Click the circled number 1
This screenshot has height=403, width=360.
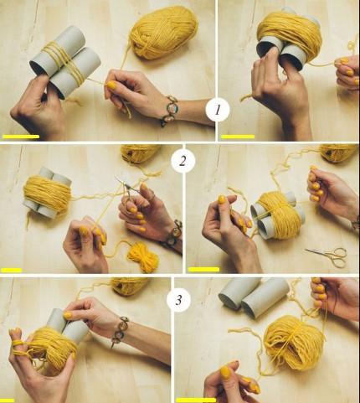click(218, 110)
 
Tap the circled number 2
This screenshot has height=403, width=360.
click(183, 161)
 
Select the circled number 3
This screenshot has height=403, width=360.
click(178, 300)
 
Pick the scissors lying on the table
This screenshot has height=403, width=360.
click(329, 255)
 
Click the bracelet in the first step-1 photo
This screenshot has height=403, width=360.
click(169, 111)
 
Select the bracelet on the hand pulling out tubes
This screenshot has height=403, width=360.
click(120, 331)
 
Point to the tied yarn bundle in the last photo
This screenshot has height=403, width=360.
click(294, 343)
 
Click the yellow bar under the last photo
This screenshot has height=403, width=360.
click(196, 400)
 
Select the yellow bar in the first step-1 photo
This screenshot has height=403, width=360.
click(21, 137)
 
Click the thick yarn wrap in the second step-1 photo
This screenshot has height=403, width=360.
click(289, 30)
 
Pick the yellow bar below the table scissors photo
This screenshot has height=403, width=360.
click(203, 269)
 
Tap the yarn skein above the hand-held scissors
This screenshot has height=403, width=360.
click(141, 153)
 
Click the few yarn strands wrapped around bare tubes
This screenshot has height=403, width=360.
click(64, 64)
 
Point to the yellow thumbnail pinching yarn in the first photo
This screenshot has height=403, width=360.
click(111, 85)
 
